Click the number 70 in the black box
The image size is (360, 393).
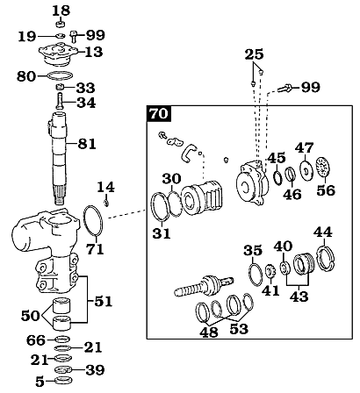(159, 114)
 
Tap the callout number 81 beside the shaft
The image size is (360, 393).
(87, 144)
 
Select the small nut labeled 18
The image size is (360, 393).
(61, 24)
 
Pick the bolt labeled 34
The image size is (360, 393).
(60, 100)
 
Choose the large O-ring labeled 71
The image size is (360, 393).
(93, 220)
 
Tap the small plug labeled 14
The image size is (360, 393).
(106, 202)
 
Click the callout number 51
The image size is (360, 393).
(103, 302)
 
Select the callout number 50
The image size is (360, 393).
(31, 316)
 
